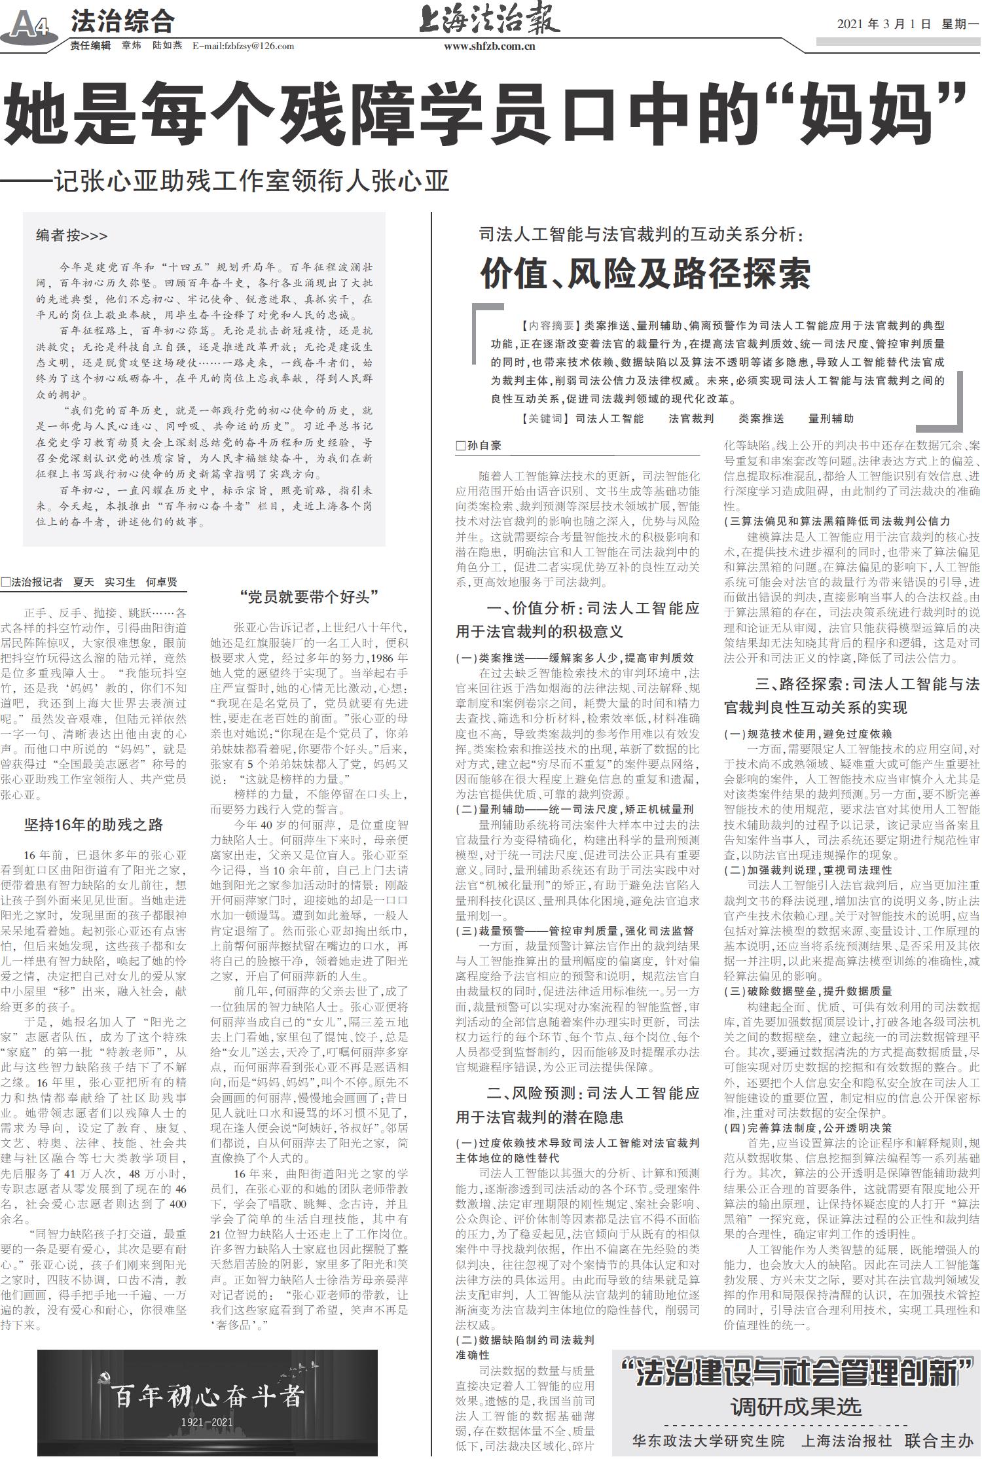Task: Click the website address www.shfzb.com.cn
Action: tap(489, 46)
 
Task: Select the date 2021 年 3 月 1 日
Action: tap(883, 24)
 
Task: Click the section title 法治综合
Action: tap(122, 22)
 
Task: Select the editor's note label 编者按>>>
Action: tap(71, 236)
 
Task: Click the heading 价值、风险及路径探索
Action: tap(646, 274)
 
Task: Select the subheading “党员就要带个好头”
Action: tap(310, 596)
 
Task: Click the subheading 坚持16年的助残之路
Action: tap(94, 825)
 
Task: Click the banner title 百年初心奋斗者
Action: tap(207, 1395)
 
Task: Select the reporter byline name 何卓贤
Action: tap(161, 582)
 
